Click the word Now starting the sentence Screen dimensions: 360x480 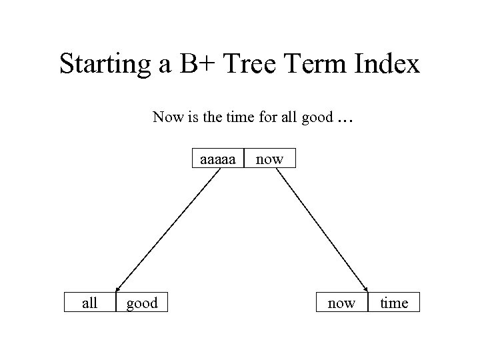click(x=166, y=117)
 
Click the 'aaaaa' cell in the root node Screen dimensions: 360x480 click(x=218, y=159)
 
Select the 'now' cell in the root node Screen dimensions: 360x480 click(x=269, y=159)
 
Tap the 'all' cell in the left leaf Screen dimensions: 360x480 click(x=89, y=303)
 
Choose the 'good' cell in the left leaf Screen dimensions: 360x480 click(x=142, y=303)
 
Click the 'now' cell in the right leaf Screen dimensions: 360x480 click(x=341, y=303)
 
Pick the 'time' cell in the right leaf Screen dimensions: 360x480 click(x=394, y=303)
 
